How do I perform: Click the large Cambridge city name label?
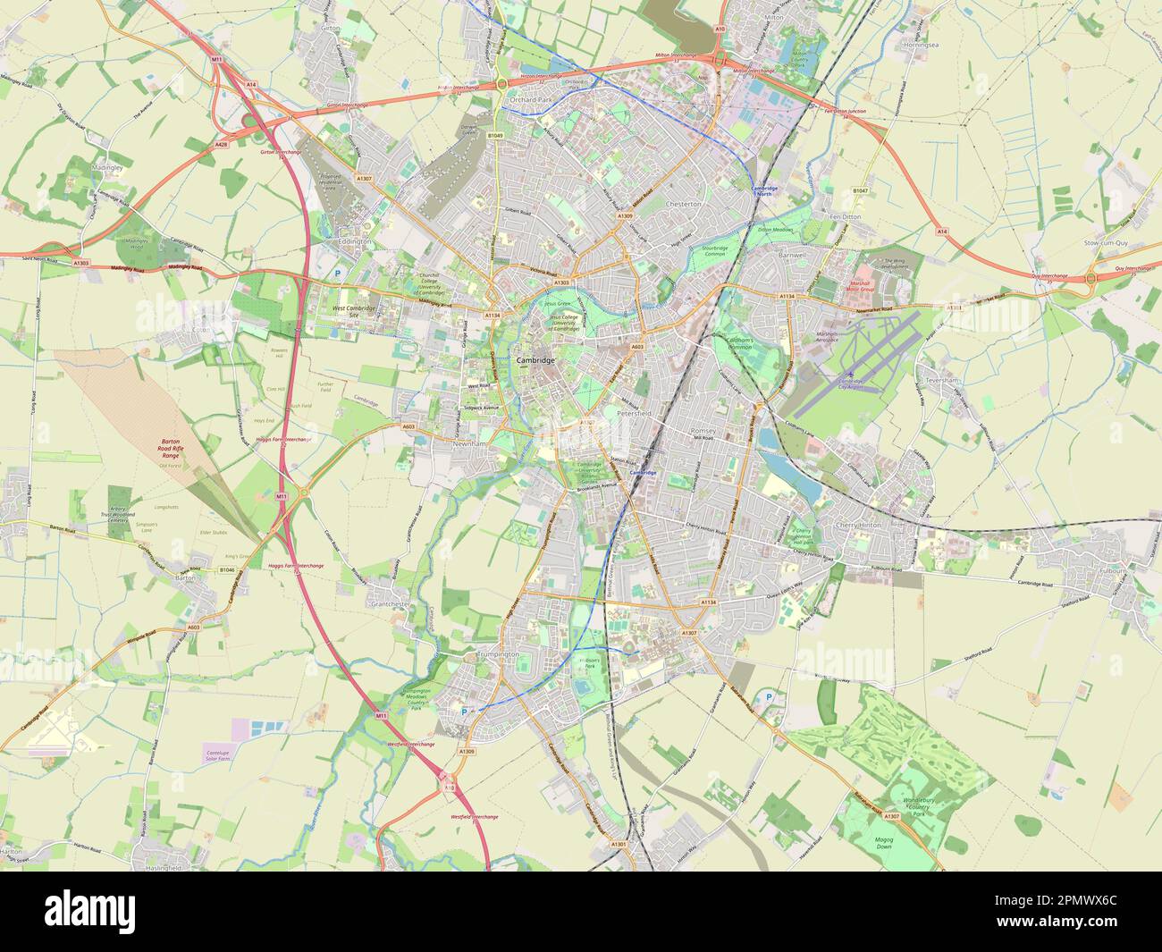tap(535, 359)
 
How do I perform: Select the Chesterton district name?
tap(685, 204)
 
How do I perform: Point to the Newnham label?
tap(467, 442)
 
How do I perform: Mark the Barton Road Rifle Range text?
tap(170, 449)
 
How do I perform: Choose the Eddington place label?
tap(354, 241)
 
